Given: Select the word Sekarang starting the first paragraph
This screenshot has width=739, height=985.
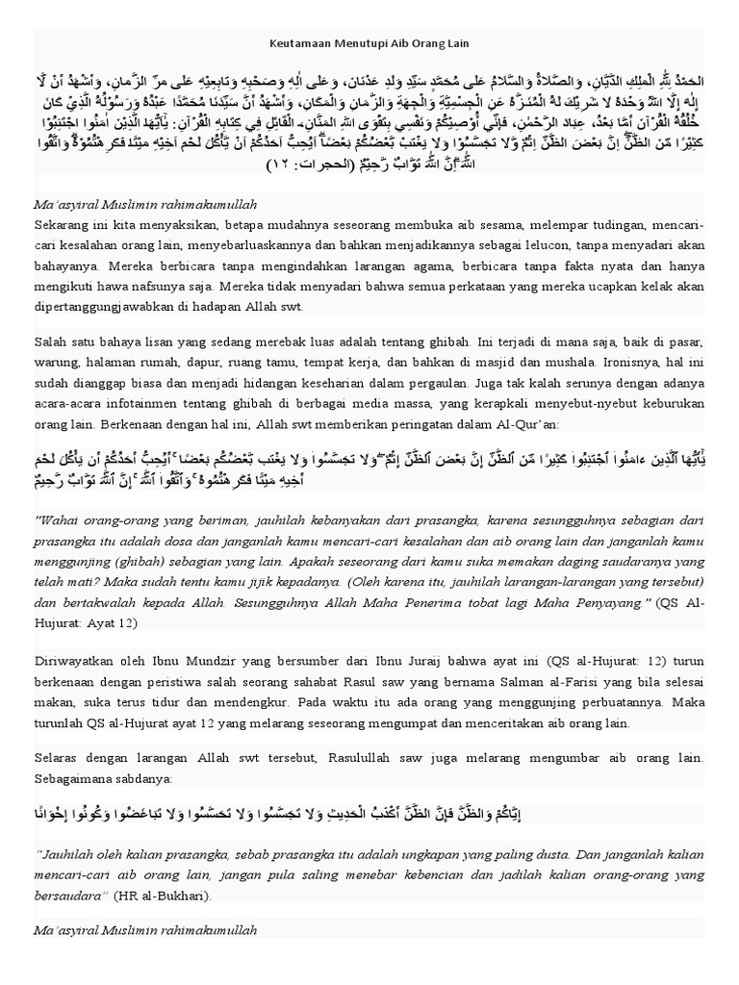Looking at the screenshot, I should coord(63,224).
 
